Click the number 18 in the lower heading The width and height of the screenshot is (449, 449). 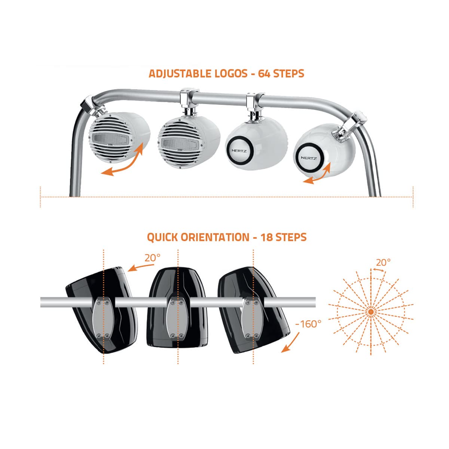[266, 237]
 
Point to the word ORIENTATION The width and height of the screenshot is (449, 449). [215, 237]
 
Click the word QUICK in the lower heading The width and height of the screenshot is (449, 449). [162, 238]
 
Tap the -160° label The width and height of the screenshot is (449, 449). [308, 324]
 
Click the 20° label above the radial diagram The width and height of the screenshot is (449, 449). [383, 263]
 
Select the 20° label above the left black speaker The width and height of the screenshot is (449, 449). [153, 258]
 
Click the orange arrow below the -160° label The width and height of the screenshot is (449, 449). [290, 342]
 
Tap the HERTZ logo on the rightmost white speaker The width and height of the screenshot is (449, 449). [309, 158]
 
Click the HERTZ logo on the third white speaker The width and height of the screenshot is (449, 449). [239, 151]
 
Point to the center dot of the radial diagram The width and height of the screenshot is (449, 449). [371, 312]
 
